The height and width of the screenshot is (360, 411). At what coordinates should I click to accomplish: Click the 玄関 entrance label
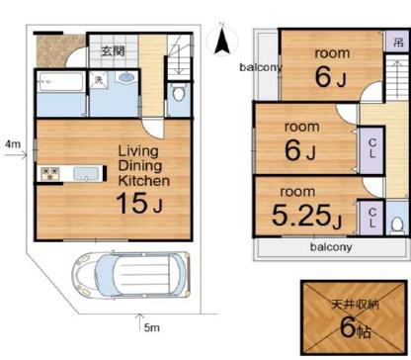coord(113,51)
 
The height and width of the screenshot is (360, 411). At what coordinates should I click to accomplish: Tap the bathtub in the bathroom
coord(60,82)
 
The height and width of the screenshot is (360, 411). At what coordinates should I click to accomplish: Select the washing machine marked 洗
coord(99,79)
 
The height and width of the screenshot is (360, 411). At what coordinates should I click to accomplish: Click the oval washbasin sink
coord(126,78)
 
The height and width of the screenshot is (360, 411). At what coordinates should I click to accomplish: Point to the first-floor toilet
coord(179,93)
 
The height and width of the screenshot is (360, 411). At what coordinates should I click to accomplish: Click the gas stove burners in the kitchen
coord(50,174)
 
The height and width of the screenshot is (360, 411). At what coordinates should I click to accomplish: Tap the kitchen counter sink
coord(86,174)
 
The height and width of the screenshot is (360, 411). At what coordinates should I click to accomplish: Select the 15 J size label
coord(139,203)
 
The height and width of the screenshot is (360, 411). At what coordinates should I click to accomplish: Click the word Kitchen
coord(144,181)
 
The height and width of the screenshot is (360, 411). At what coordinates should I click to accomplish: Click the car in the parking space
coord(131,275)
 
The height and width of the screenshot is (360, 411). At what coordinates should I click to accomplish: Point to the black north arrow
coord(222,42)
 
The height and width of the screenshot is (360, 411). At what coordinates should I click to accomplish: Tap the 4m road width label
coord(13,144)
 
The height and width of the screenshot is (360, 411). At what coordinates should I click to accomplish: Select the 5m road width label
coord(152,327)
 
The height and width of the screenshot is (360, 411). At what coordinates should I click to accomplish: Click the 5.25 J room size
coord(306,216)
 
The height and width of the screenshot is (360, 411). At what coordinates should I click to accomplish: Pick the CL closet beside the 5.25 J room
coord(372,218)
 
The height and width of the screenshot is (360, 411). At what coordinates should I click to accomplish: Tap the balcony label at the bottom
coord(331,247)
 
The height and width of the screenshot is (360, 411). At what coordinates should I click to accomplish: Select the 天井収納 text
coord(355,305)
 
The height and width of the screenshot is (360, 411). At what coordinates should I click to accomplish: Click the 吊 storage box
coord(398,42)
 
